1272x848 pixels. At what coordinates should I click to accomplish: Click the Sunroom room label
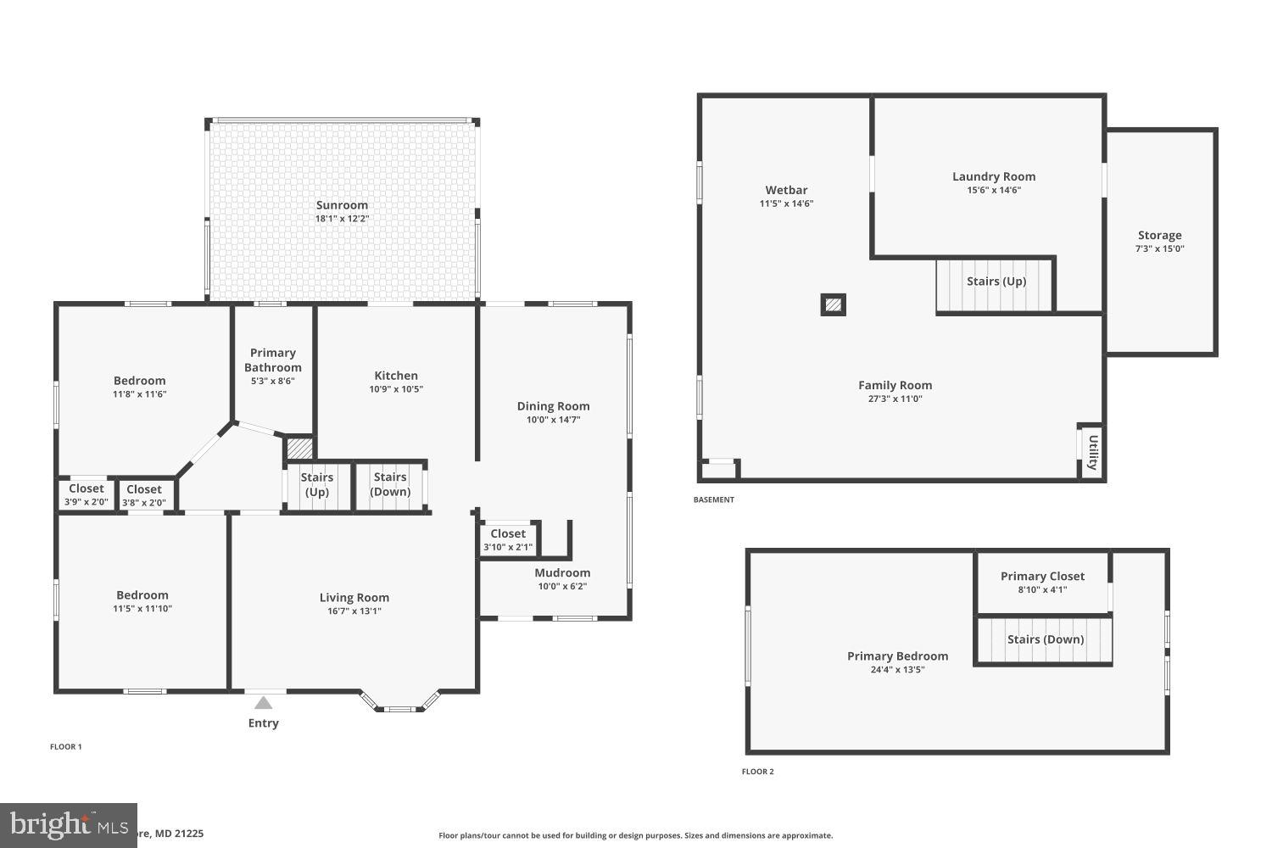[x=342, y=205]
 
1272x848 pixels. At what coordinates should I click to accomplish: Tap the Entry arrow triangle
[x=263, y=703]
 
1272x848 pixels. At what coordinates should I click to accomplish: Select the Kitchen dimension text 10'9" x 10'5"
[x=395, y=389]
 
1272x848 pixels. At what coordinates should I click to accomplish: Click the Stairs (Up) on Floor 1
[x=316, y=485]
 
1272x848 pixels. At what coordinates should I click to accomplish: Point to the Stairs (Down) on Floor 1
[x=390, y=485]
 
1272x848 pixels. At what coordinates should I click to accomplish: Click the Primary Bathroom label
[x=273, y=360]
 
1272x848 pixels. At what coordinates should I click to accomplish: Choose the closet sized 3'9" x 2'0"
[x=86, y=494]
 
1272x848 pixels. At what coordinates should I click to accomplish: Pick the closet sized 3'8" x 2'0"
[x=144, y=495]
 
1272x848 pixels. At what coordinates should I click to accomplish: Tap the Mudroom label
[x=562, y=573]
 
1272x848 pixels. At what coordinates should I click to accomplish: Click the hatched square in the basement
[x=834, y=304]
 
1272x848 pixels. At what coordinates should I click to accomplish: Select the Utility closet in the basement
[x=1092, y=452]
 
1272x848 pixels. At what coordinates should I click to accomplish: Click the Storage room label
[x=1159, y=236]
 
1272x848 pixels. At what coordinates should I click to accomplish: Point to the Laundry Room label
[x=994, y=176]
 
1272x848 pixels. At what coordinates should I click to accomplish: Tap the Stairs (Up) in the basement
[x=996, y=282]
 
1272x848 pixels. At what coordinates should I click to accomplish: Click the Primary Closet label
[x=1042, y=577]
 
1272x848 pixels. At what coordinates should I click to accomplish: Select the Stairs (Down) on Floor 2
[x=1045, y=639]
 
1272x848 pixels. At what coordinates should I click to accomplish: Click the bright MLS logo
[x=68, y=824]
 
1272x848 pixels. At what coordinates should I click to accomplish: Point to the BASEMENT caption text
[x=714, y=499]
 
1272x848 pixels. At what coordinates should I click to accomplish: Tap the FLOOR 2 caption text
[x=757, y=772]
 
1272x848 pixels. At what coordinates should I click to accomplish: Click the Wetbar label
[x=786, y=190]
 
